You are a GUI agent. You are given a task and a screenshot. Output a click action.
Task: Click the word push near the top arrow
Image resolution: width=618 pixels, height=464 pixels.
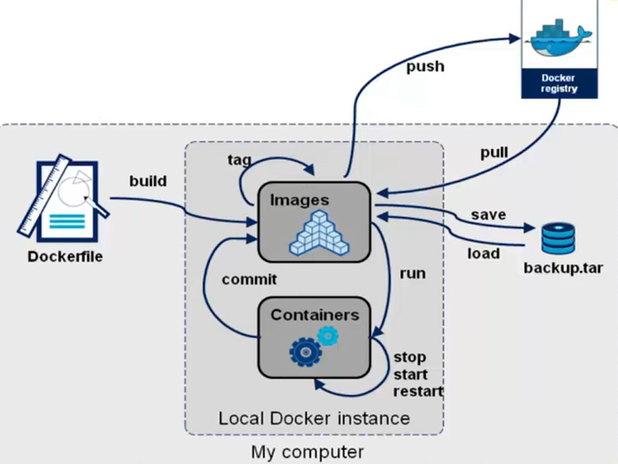[424, 67]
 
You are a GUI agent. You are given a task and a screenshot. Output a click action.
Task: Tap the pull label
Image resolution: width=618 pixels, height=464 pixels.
[494, 153]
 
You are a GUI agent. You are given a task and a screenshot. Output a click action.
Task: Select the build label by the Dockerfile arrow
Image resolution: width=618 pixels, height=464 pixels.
[148, 181]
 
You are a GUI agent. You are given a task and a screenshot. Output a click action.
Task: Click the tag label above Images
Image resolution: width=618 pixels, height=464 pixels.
[239, 159]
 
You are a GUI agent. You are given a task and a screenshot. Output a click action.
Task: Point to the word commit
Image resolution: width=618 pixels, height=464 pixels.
[250, 279]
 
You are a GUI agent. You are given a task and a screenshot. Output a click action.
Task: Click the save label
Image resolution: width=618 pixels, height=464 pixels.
[488, 215]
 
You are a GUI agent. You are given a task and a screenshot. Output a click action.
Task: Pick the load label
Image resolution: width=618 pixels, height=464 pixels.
[484, 252]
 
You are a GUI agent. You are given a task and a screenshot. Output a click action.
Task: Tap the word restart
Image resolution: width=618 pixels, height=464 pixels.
[418, 391]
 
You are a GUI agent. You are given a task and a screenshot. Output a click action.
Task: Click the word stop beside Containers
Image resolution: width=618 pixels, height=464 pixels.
[410, 358]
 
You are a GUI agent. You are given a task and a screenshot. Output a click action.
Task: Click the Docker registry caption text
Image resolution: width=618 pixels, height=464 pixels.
[558, 84]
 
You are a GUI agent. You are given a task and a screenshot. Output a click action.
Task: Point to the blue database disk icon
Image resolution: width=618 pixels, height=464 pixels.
[559, 238]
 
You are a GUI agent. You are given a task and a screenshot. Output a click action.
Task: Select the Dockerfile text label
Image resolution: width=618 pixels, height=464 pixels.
[65, 256]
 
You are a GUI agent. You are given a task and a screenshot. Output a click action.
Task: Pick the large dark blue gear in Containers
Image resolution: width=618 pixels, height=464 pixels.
[305, 351]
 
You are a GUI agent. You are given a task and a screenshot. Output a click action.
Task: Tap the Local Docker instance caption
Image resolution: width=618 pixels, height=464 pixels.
[314, 419]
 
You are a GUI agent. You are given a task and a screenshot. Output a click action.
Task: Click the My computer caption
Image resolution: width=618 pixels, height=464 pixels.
[308, 451]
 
